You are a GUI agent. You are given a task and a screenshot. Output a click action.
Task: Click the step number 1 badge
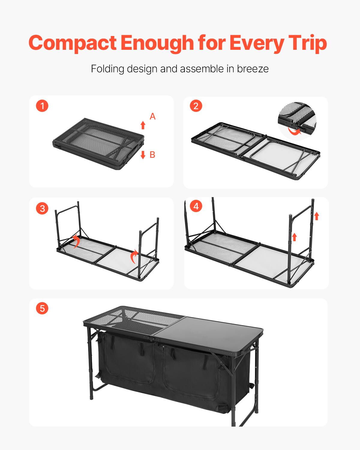click(x=42, y=106)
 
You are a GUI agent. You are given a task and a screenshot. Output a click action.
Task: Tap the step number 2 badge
click(x=196, y=106)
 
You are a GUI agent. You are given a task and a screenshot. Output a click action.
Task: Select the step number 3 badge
click(x=42, y=208)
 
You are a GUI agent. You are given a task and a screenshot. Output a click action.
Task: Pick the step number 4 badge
click(x=196, y=206)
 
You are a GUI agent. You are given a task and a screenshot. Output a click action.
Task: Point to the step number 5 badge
click(x=42, y=308)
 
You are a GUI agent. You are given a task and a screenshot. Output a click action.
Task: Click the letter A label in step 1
click(x=152, y=116)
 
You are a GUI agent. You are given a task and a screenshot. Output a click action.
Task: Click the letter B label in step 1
click(x=152, y=155)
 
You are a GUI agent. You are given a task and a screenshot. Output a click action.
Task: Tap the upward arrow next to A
click(x=143, y=125)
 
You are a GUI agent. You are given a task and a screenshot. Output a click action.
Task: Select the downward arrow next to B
click(x=143, y=155)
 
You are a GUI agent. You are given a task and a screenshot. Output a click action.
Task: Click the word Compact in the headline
click(x=72, y=43)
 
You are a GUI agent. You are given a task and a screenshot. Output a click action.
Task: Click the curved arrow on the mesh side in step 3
click(x=76, y=241)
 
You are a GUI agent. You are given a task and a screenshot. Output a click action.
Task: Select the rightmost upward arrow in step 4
click(x=316, y=216)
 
